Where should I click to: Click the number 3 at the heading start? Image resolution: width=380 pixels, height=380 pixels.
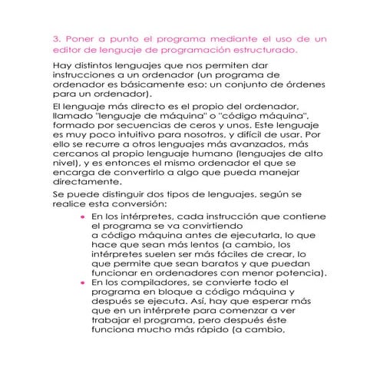click(55, 36)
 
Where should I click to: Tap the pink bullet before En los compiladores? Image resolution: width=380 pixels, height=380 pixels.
click(81, 283)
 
